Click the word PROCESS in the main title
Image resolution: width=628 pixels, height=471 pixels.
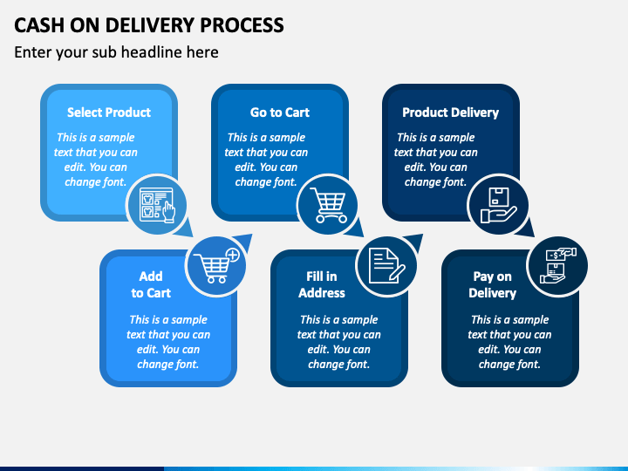(242, 25)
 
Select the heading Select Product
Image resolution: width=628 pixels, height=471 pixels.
(109, 113)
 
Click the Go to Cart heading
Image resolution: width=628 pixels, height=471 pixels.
(280, 113)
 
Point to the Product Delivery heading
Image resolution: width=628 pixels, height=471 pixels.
(451, 113)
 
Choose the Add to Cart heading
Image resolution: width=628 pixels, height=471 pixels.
(151, 284)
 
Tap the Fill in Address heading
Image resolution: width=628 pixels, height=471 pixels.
(322, 284)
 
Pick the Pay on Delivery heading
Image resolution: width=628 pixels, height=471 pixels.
(493, 284)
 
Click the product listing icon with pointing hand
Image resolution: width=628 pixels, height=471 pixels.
(157, 205)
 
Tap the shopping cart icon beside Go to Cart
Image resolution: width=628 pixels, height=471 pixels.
(329, 205)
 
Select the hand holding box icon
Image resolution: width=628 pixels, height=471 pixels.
(499, 205)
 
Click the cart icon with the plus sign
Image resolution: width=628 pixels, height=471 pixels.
(217, 265)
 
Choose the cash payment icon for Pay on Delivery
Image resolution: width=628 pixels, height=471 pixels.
(558, 265)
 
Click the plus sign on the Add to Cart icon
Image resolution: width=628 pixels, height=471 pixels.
(232, 255)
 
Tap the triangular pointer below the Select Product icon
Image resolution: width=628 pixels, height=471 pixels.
(185, 229)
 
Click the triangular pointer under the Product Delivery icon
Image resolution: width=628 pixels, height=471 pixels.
(526, 229)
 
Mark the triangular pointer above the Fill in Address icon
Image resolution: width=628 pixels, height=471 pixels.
(414, 242)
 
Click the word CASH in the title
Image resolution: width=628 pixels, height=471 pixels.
(39, 25)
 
